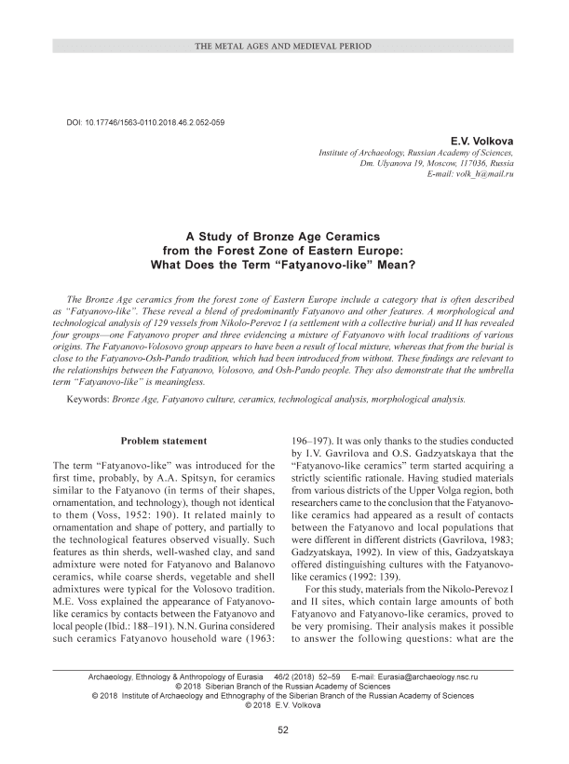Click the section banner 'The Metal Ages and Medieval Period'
(x=284, y=45)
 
